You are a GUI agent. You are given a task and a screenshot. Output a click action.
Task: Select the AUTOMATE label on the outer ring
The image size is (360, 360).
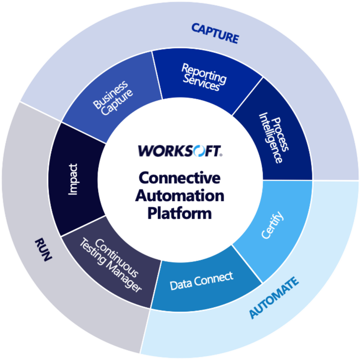(x=274, y=298)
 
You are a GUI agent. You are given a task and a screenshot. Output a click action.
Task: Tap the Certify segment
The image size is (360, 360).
(x=272, y=225)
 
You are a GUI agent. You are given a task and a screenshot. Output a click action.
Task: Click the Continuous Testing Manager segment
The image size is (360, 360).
(x=111, y=264)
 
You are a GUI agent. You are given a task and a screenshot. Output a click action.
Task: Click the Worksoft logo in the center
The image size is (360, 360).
(x=180, y=151)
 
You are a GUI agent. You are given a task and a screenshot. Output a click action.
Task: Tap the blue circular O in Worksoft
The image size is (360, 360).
(x=199, y=151)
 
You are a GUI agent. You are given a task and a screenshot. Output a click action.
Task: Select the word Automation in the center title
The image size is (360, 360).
(x=180, y=196)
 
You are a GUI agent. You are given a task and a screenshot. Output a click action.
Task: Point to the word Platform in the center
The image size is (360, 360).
(x=180, y=214)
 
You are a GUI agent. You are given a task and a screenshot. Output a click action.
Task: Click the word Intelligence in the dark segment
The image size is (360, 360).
(x=270, y=139)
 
